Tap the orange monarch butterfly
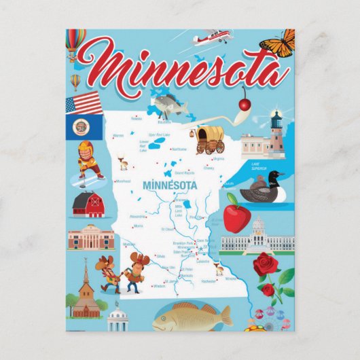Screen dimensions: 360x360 pos(278,43)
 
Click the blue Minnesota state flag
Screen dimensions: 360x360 pos(84,127)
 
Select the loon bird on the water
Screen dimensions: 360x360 pos(266,191)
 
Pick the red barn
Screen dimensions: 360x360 pos(88,204)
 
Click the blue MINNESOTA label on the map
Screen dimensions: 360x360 pos(169,185)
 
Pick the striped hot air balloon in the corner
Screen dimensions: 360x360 pos(75,42)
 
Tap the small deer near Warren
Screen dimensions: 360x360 pos(124,163)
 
